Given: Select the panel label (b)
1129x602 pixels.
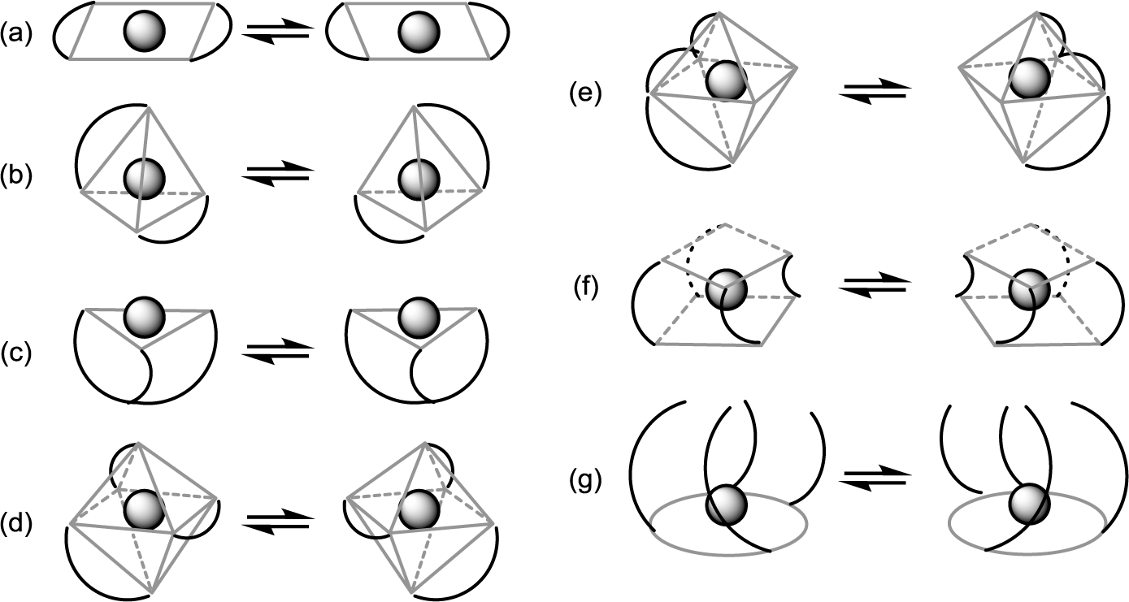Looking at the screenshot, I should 16,176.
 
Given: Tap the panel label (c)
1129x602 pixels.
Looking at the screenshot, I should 16,354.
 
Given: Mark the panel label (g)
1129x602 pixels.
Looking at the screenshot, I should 585,482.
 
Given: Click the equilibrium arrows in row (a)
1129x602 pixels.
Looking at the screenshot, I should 279,32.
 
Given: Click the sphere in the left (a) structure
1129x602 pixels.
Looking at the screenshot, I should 145,32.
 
